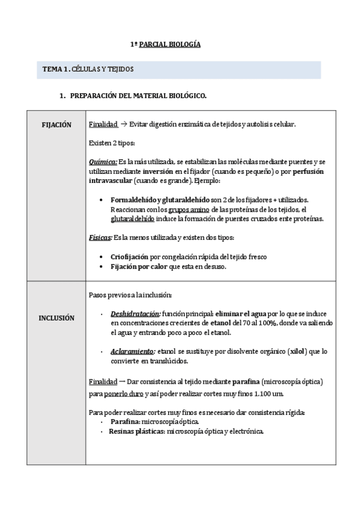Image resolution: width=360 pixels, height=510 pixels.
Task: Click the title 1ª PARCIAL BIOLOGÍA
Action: click(166, 45)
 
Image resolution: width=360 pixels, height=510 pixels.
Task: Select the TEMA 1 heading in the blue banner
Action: click(88, 70)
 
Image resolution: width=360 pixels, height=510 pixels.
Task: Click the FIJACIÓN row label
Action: click(56, 124)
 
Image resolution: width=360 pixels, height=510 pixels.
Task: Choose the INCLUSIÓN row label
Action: click(56, 318)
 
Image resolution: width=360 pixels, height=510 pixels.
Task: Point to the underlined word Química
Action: click(102, 162)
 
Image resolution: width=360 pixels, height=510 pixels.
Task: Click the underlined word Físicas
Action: click(100, 238)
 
